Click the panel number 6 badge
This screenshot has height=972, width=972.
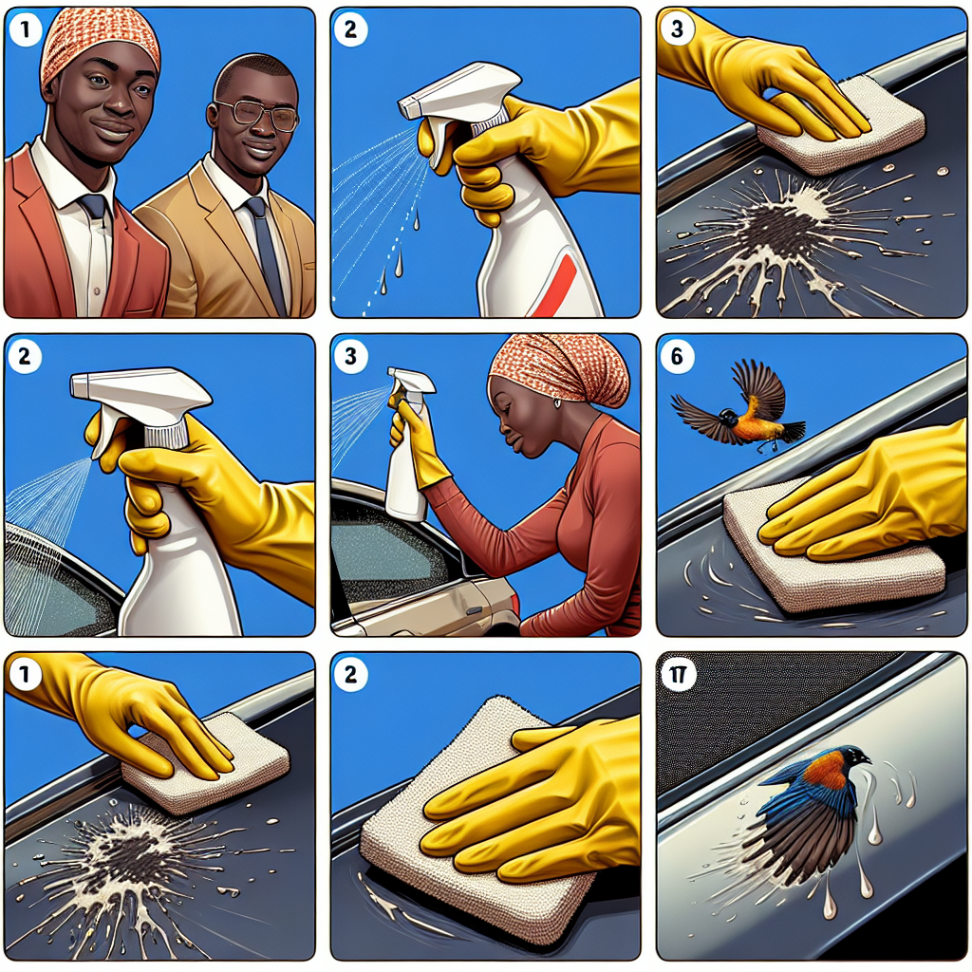(x=677, y=357)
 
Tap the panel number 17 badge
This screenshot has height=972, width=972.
(x=677, y=675)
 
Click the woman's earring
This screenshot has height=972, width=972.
(x=556, y=403)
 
